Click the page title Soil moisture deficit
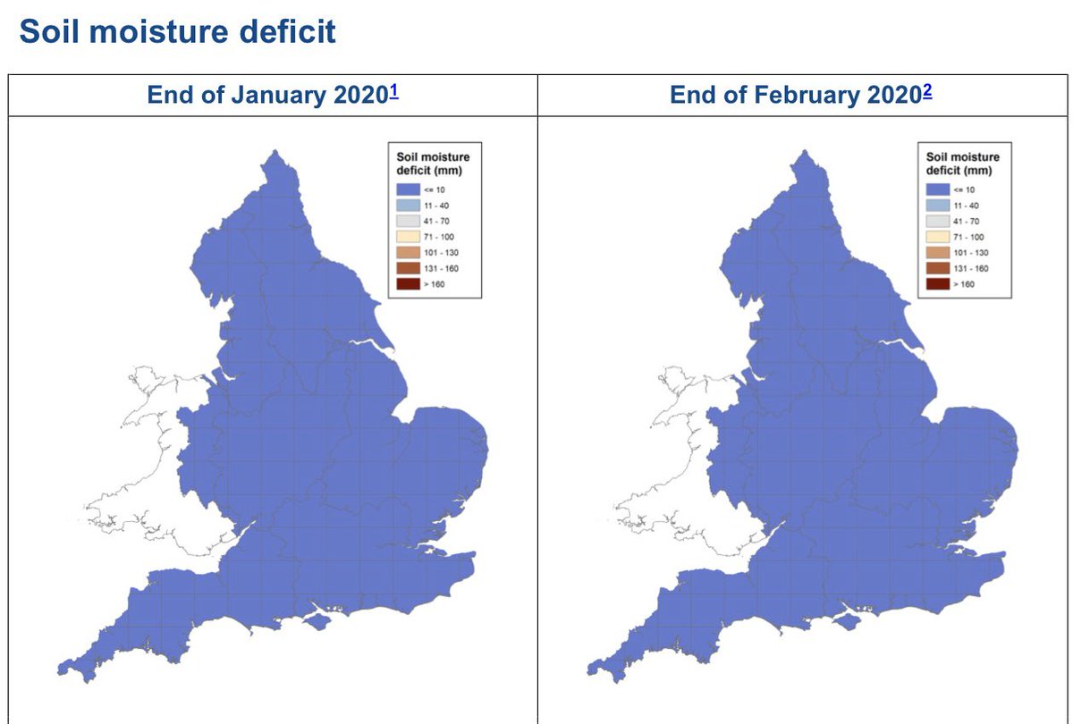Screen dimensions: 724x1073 pos(177,32)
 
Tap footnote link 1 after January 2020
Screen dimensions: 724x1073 pos(394,90)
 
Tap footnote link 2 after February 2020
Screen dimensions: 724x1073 pos(928,90)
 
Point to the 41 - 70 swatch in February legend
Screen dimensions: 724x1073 pos(937,221)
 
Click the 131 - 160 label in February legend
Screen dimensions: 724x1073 pos(971,268)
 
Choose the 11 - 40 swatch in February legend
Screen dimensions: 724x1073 pos(937,206)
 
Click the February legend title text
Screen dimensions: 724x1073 pos(962,164)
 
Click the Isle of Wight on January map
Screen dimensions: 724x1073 pos(317,619)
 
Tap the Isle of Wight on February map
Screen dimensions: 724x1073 pos(846,619)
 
